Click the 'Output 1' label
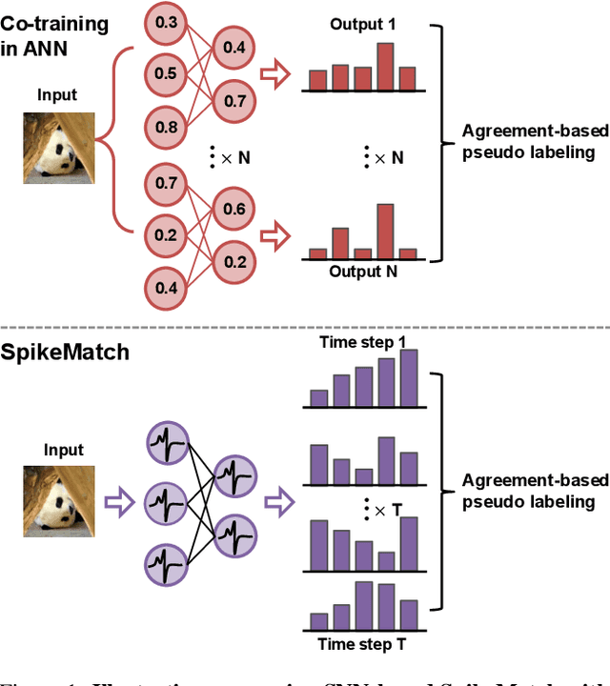pos(361,24)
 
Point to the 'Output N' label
pos(361,272)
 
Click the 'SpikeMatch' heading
pos(64,353)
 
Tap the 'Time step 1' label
pos(362,342)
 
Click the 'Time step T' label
pos(362,645)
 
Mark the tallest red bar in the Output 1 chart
pos(385,66)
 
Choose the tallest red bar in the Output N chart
pos(385,231)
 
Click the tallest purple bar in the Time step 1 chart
pos(408,379)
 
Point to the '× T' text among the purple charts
pos(376,511)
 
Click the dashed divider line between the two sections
pos(305,329)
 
